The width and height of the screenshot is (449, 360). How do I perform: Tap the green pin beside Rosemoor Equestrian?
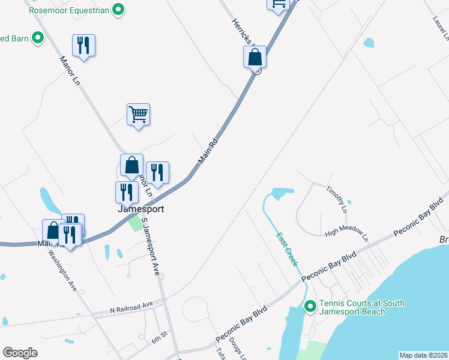(x=119, y=10)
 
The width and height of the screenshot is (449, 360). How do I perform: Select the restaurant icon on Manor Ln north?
(x=84, y=46)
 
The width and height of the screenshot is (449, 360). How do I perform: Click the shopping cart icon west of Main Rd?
(x=138, y=113)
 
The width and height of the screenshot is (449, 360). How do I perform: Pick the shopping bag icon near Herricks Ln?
(x=255, y=58)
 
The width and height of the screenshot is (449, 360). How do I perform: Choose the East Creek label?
(x=286, y=249)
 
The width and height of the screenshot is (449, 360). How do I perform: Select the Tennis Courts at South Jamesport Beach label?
(x=361, y=307)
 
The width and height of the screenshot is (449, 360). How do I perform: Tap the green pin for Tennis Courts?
(x=310, y=307)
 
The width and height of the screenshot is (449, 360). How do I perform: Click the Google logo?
(x=20, y=352)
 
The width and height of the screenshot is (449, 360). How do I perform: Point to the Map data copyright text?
(x=423, y=355)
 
